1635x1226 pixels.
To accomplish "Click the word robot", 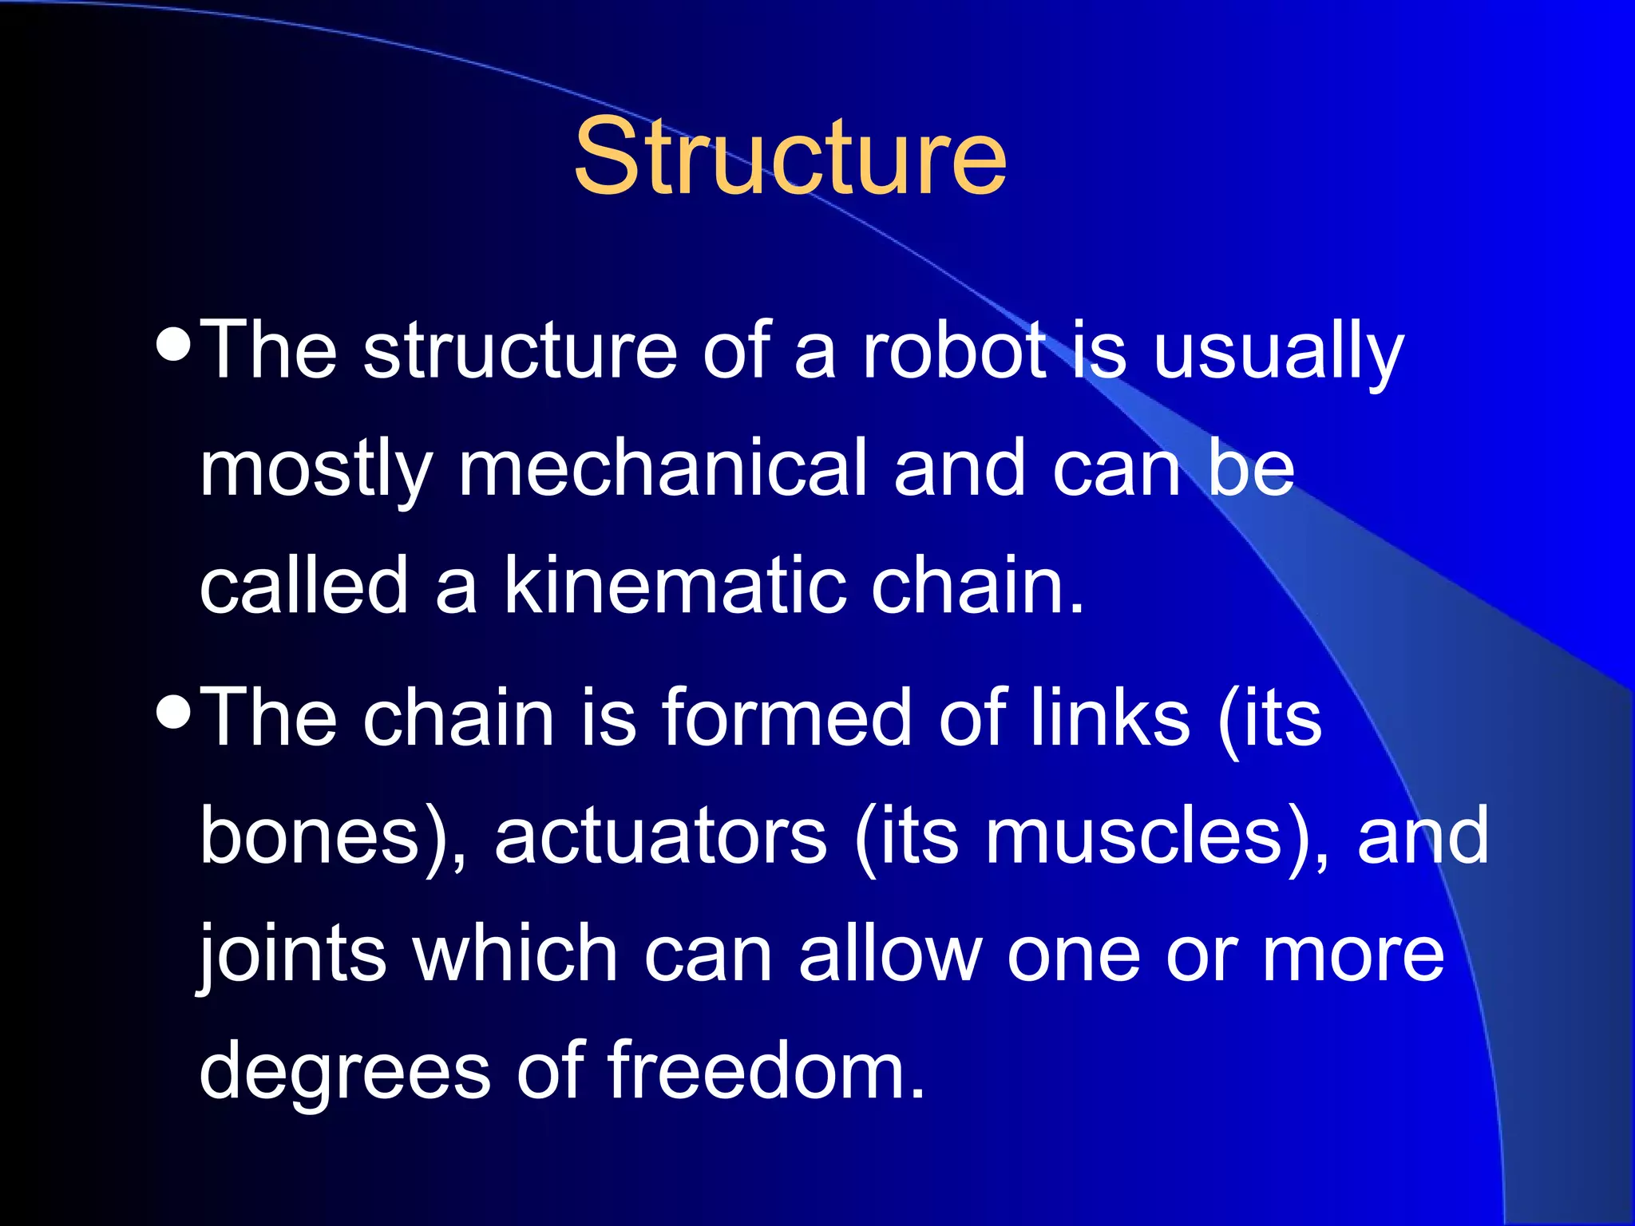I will (x=955, y=350).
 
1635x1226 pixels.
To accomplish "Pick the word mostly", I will (x=316, y=471).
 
